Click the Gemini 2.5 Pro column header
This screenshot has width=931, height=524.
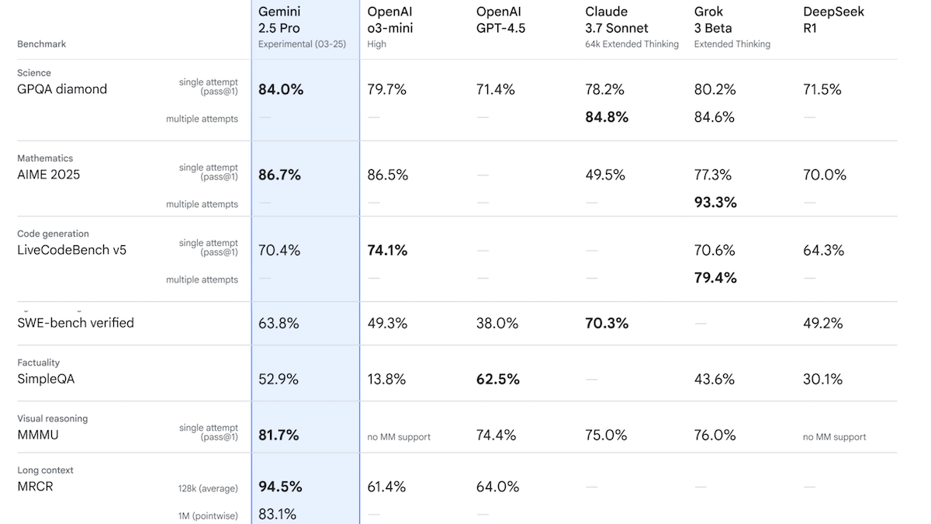279,20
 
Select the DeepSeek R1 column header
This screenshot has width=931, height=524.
833,20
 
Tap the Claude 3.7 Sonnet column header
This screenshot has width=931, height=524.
617,20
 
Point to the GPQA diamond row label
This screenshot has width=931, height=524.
62,89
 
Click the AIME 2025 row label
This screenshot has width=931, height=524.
48,175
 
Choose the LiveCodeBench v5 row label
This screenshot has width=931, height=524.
71,250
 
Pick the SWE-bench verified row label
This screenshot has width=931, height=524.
75,323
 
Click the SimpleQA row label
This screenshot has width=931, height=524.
46,380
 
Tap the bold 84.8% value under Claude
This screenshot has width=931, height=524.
607,118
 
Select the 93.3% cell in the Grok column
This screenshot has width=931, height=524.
715,203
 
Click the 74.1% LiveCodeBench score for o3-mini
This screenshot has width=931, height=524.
387,251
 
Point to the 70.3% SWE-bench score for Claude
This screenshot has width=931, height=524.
607,324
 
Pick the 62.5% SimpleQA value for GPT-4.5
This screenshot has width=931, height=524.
498,380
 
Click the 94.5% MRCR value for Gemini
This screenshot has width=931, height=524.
280,487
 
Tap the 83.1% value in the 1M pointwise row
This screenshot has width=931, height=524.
278,514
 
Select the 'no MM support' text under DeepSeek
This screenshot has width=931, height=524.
834,437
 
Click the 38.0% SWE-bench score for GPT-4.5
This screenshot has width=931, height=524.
497,324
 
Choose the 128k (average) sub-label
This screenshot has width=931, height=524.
207,489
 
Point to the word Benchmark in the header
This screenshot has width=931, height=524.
41,44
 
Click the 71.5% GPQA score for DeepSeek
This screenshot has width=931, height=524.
822,89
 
